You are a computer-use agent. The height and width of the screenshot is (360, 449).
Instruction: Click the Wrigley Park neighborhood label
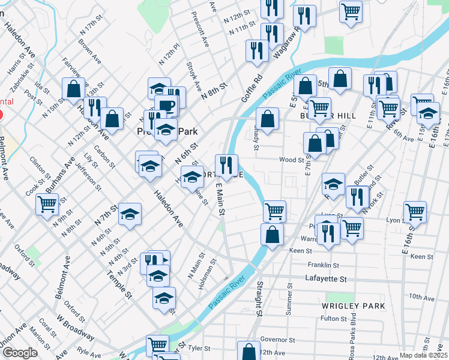point(353,306)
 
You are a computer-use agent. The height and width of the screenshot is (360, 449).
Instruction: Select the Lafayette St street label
point(327,279)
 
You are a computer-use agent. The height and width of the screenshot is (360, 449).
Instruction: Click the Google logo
point(20,353)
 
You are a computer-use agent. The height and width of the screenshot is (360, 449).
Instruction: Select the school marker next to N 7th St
point(130,214)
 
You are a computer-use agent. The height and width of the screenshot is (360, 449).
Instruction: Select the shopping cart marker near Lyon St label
point(415,212)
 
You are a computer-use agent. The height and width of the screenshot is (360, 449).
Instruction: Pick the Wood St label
point(292,160)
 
